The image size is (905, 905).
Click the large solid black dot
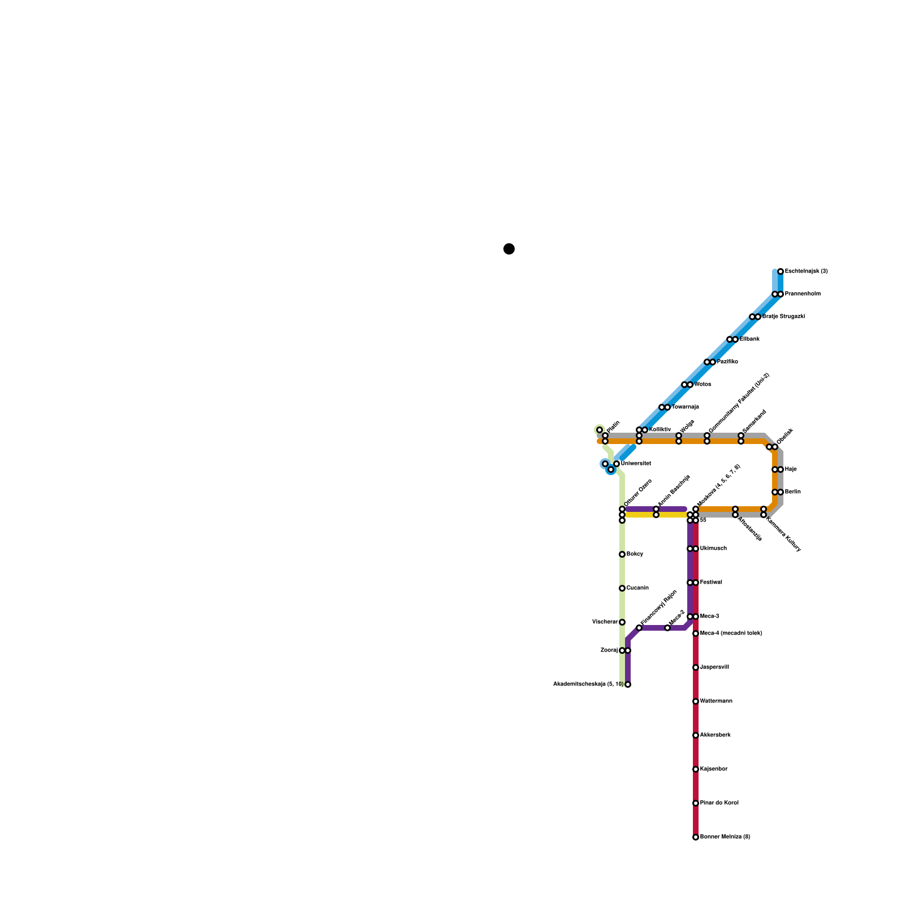(509, 249)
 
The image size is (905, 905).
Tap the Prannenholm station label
(802, 294)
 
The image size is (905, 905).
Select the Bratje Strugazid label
(783, 317)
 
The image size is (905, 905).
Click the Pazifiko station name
(727, 362)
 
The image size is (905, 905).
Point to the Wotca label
(703, 385)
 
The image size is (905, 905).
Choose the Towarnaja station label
(685, 407)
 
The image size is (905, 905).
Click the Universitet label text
(636, 464)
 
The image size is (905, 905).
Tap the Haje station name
(791, 469)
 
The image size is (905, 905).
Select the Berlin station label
(792, 492)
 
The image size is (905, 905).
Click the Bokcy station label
(635, 554)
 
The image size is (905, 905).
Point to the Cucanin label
(637, 588)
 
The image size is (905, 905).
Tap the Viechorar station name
(605, 622)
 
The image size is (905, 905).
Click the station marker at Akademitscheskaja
(628, 684)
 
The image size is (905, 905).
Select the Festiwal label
(711, 583)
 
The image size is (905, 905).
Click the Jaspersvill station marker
(696, 667)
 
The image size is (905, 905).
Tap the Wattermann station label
(716, 701)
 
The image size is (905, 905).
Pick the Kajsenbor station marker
(696, 769)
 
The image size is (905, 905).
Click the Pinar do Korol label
(719, 803)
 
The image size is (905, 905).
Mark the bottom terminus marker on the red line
(696, 837)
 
